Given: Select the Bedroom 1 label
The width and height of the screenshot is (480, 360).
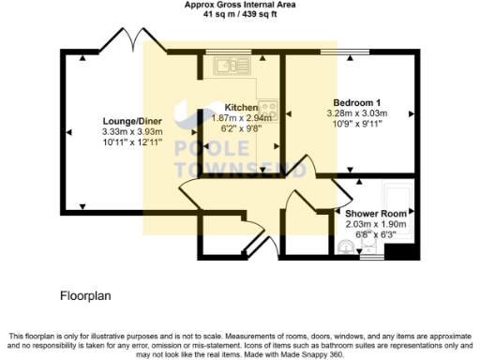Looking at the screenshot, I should coord(357,102).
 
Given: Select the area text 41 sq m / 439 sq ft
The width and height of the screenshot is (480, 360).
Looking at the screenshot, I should coord(239,13).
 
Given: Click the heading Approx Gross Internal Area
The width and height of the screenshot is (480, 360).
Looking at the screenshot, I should coord(239,5).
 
